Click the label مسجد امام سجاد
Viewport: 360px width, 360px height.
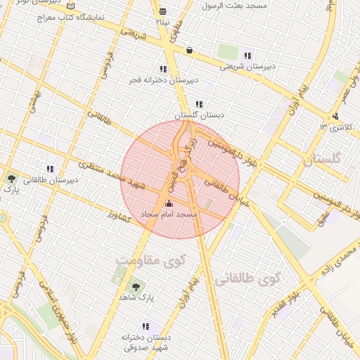169,213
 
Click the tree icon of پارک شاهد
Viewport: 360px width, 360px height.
135,286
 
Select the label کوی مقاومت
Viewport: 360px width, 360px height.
144,261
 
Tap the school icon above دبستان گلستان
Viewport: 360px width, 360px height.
200,104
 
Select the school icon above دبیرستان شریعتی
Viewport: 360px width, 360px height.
247,56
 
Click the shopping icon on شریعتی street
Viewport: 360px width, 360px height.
190,51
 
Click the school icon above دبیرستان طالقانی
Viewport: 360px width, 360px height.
49,169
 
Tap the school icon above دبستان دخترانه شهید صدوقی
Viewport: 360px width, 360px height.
146,326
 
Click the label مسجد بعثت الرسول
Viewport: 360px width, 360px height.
235,5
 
